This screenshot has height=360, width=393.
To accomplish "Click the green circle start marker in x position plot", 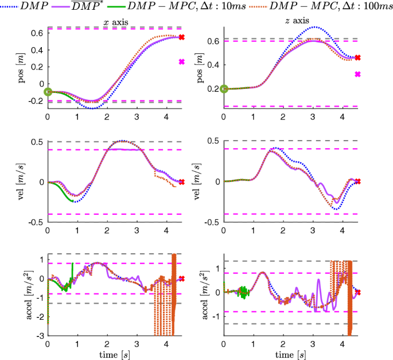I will point(48,91).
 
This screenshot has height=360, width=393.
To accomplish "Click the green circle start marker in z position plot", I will point(224,88).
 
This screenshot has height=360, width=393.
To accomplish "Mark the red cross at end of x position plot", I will point(182,37).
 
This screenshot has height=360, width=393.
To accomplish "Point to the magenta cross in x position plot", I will point(182,62).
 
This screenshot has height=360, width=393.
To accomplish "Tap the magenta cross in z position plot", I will point(357,74).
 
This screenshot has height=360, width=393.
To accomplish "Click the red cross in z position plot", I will point(357,58).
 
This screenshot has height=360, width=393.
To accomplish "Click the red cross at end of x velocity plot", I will point(182,182).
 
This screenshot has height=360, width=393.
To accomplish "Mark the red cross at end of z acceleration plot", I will point(357,292).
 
